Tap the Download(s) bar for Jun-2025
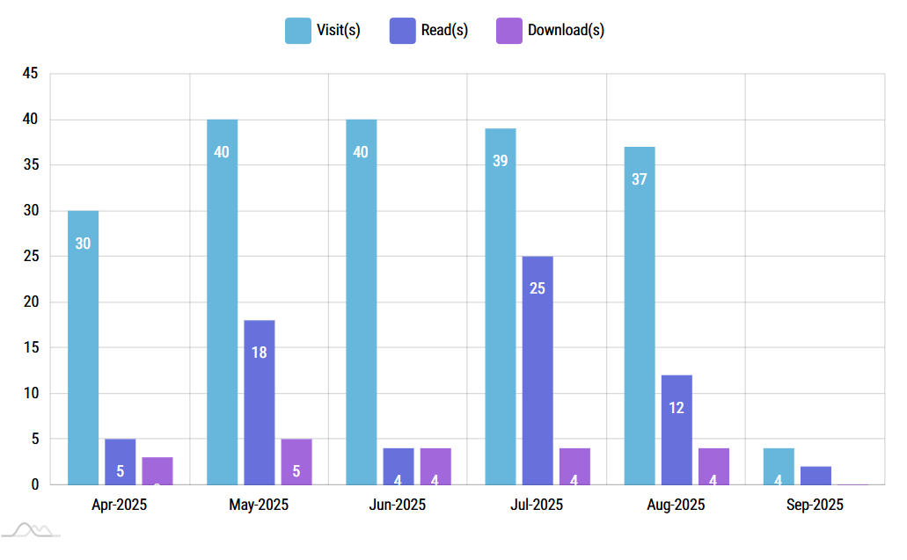click(435, 466)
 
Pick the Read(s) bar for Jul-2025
click(538, 370)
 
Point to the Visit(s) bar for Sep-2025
click(779, 466)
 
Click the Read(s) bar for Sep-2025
click(816, 475)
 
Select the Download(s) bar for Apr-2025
click(157, 470)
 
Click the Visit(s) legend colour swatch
click(297, 30)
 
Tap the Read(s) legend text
click(444, 30)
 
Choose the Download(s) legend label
click(566, 30)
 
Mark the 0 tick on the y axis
click(34, 484)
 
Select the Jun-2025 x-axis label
click(398, 505)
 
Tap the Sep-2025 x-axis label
click(815, 505)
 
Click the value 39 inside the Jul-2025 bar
click(501, 161)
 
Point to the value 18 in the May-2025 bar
click(260, 353)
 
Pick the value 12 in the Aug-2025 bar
click(677, 408)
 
